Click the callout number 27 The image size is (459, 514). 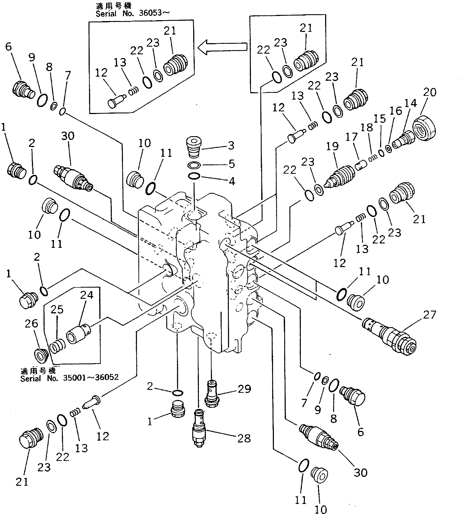click(x=430, y=315)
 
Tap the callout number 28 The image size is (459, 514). click(x=244, y=438)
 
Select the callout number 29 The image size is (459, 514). click(x=244, y=389)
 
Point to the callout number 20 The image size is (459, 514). click(x=430, y=92)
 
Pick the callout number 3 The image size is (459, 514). click(x=231, y=145)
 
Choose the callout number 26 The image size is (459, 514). click(x=31, y=324)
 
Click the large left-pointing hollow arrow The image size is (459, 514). click(x=222, y=47)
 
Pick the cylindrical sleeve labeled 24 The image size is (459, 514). click(x=78, y=334)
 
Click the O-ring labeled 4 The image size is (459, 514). click(x=194, y=176)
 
